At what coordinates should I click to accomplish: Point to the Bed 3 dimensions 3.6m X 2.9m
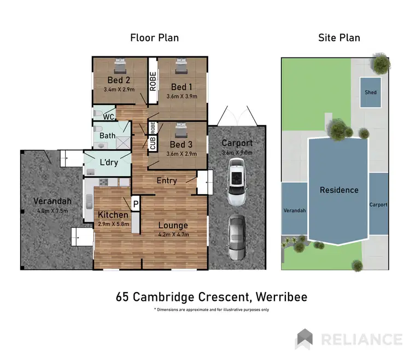coord(181,154)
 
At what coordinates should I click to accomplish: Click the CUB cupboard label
coord(153,144)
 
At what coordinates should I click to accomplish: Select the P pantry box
coord(136,203)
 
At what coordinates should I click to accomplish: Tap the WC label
coord(108,117)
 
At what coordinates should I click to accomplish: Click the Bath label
coord(107,136)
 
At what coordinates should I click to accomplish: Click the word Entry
coord(167,181)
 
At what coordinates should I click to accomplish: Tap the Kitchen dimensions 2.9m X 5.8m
coord(113,224)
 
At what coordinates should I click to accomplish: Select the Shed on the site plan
coord(371,92)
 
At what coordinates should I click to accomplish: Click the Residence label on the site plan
coord(339,190)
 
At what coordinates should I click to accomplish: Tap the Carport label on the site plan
coord(378,205)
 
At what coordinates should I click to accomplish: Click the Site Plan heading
coord(339,38)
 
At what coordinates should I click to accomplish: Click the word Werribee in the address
coord(280,297)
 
